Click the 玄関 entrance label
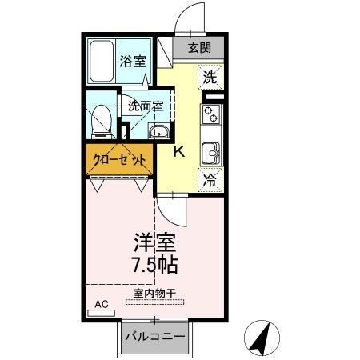(200, 47)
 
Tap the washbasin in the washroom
(160, 133)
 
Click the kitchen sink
(211, 151)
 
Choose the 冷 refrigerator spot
(209, 181)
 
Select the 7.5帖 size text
(153, 263)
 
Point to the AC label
(101, 304)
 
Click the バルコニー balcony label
(155, 337)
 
